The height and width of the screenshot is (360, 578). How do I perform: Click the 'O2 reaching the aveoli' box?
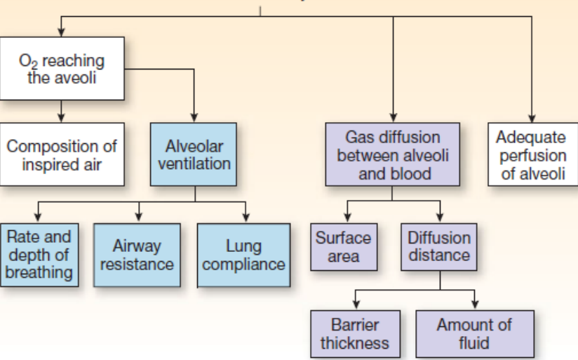[62, 68]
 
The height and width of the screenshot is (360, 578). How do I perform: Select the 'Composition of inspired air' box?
[62, 154]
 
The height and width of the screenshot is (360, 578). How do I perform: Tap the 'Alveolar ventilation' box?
[194, 154]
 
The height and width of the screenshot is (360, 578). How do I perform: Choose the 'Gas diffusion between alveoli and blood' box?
[393, 154]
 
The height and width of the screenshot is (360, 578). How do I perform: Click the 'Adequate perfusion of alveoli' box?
[533, 154]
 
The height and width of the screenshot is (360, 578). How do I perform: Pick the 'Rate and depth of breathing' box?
[39, 255]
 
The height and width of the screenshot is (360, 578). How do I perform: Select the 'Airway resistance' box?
[137, 255]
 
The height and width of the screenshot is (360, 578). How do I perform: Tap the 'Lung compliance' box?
[243, 255]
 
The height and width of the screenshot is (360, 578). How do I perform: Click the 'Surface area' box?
[344, 247]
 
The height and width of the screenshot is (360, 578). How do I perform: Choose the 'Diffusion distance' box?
[439, 247]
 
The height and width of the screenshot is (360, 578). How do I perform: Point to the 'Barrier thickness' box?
[356, 334]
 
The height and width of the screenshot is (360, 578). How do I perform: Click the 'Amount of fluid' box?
[475, 334]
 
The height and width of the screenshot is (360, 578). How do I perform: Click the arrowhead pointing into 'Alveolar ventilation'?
[194, 118]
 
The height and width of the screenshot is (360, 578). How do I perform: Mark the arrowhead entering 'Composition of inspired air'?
[61, 118]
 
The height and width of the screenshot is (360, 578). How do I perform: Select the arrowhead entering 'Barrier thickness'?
[356, 305]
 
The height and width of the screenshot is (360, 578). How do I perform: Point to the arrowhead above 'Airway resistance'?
[139, 218]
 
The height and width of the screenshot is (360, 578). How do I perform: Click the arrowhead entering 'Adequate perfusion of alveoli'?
[532, 118]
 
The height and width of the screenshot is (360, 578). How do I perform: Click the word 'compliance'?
[243, 264]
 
